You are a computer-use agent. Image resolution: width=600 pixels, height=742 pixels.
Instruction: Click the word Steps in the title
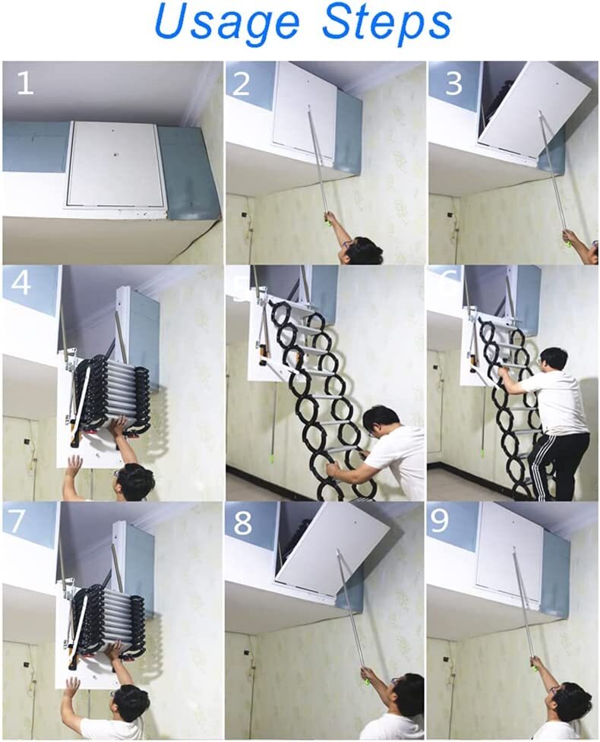pyautogui.click(x=387, y=24)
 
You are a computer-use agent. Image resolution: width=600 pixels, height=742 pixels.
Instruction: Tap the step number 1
pyautogui.click(x=24, y=83)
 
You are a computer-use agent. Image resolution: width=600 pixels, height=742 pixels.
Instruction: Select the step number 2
pyautogui.click(x=242, y=83)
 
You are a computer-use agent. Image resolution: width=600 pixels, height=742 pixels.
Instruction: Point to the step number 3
pyautogui.click(x=453, y=83)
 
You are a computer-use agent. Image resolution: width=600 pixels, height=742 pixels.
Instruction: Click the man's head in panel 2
pyautogui.click(x=362, y=250)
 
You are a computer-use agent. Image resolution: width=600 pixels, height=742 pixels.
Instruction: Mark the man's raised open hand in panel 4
pyautogui.click(x=74, y=466)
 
